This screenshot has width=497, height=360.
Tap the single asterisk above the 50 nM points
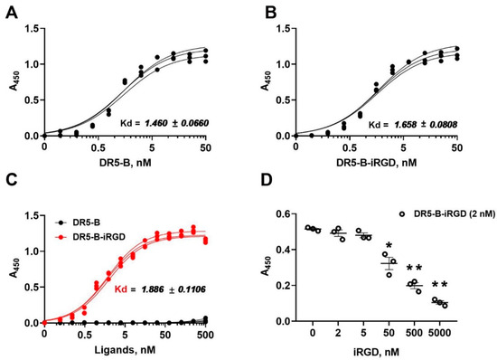(388, 247)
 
